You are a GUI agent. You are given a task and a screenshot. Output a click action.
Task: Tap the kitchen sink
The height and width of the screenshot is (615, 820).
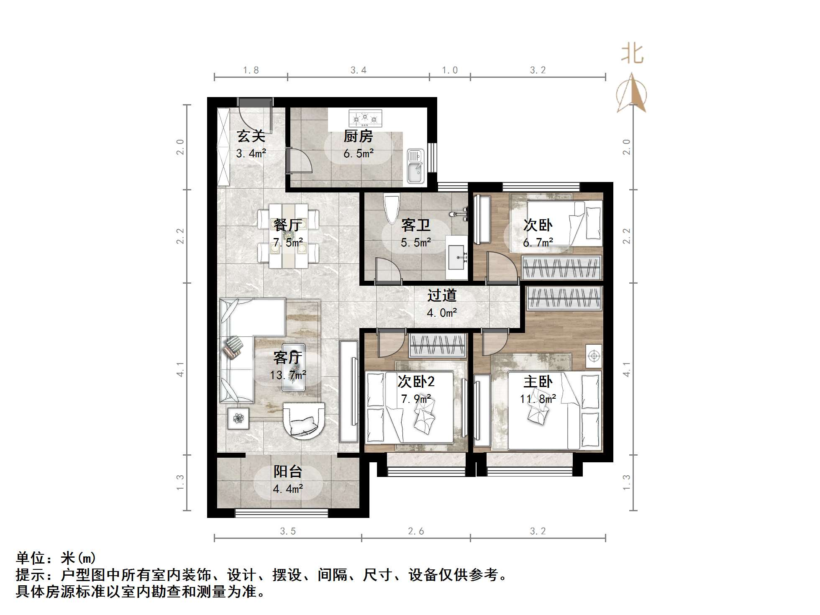(415, 167)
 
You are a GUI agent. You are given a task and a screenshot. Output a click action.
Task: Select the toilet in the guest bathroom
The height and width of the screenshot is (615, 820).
(392, 209)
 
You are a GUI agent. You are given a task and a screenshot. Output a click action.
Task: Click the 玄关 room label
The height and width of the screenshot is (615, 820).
(251, 136)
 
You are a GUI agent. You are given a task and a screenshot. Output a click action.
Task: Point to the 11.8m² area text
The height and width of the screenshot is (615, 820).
(538, 399)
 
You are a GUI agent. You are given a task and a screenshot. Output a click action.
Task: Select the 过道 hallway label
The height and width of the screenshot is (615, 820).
(442, 296)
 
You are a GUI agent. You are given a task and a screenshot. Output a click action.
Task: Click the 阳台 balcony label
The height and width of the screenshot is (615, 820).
(288, 472)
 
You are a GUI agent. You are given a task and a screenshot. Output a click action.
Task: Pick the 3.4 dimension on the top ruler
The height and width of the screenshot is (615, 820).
(359, 70)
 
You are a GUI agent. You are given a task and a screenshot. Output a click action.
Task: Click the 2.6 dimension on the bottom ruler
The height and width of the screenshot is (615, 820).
(416, 531)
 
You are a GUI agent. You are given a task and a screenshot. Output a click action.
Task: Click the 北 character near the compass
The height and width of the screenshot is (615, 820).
(632, 54)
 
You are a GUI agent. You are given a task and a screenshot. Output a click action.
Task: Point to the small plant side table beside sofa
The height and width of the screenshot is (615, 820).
(238, 418)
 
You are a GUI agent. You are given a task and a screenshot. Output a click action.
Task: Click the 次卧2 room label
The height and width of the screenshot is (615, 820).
(416, 382)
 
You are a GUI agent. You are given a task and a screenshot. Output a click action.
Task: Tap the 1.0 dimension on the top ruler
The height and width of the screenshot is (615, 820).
(450, 70)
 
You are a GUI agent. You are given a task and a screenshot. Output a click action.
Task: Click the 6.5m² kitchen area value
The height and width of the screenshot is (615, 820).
(359, 154)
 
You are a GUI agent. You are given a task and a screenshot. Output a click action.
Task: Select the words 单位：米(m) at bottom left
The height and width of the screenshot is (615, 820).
(56, 559)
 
